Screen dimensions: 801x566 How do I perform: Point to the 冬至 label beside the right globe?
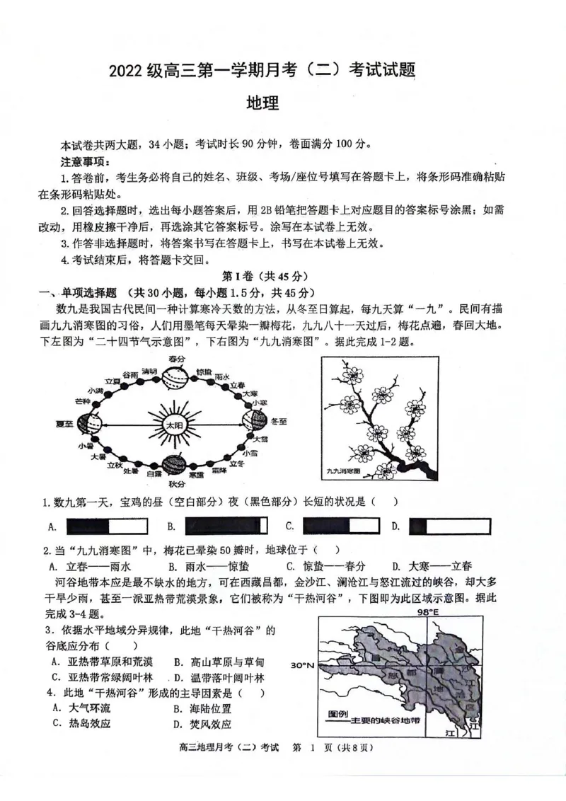278,421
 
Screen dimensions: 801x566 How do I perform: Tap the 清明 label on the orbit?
149,371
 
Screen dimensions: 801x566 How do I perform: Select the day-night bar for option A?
106,526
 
